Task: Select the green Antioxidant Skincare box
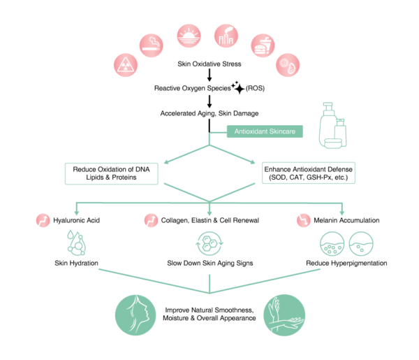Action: coord(265,130)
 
